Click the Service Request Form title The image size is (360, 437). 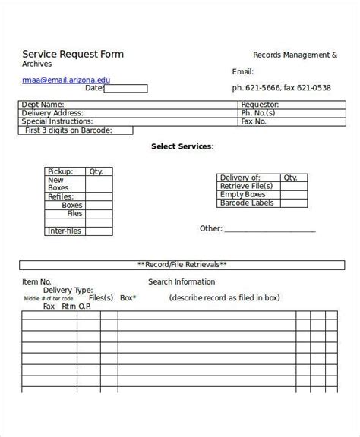click(x=73, y=54)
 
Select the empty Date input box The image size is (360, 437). click(x=125, y=88)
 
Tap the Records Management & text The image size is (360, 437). click(x=295, y=55)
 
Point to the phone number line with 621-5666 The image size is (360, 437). click(x=281, y=87)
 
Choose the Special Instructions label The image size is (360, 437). click(x=58, y=121)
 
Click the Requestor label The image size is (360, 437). click(x=260, y=105)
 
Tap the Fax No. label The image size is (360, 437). click(x=253, y=121)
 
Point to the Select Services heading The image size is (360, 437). click(x=182, y=146)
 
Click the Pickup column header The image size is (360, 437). click(x=61, y=171)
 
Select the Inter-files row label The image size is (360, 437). click(x=65, y=231)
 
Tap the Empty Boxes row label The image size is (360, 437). click(x=242, y=195)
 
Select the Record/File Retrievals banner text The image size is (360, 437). click(x=182, y=265)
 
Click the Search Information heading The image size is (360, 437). click(x=182, y=281)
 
